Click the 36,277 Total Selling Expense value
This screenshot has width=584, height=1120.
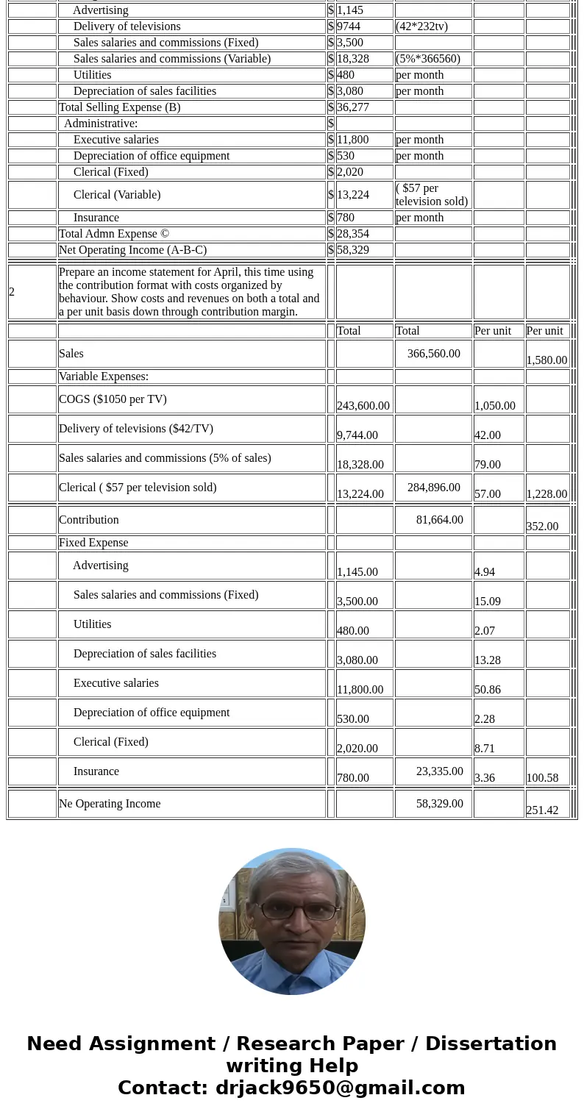pyautogui.click(x=353, y=107)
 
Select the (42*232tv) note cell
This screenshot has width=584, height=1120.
pyautogui.click(x=421, y=26)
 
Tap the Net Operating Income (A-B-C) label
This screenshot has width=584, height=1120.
pyautogui.click(x=132, y=250)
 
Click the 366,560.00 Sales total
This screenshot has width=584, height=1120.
pyautogui.click(x=433, y=354)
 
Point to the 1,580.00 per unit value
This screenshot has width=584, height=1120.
pyautogui.click(x=546, y=360)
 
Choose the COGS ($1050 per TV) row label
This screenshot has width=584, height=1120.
pyautogui.click(x=113, y=399)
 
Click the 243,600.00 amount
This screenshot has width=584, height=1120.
pyautogui.click(x=363, y=406)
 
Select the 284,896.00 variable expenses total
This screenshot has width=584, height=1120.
pyautogui.click(x=433, y=488)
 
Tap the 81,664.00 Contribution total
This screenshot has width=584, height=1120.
pyautogui.click(x=439, y=520)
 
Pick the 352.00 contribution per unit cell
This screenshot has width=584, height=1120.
pyautogui.click(x=542, y=527)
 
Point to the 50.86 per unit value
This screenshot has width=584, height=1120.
pyautogui.click(x=488, y=690)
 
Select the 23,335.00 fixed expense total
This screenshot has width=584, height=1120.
pyautogui.click(x=439, y=771)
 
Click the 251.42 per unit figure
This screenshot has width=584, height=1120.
pyautogui.click(x=542, y=810)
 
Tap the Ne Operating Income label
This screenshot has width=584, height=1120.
pyautogui.click(x=110, y=804)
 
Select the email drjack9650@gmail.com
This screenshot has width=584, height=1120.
pyautogui.click(x=340, y=1088)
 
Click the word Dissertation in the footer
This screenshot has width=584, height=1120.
pyautogui.click(x=491, y=1044)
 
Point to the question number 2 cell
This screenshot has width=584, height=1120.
pyautogui.click(x=13, y=292)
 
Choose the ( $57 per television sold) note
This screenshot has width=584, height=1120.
pyautogui.click(x=432, y=195)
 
